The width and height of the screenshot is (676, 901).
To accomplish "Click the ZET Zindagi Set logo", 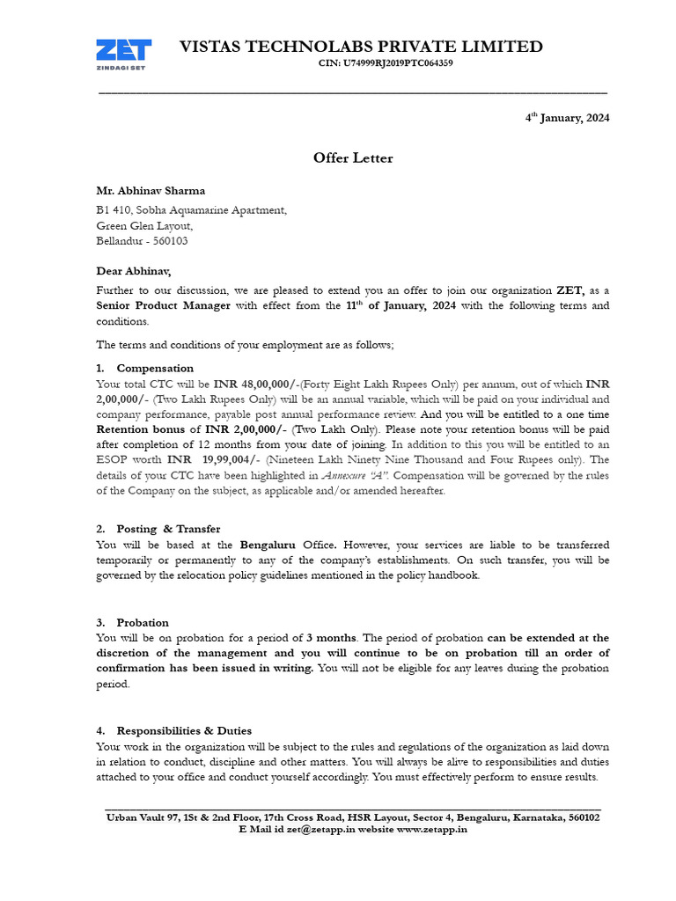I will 124,55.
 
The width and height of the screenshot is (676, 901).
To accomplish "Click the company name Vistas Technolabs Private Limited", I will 361,47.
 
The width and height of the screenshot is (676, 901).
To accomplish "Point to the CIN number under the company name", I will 386,64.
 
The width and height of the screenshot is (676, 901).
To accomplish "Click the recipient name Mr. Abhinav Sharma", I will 151,190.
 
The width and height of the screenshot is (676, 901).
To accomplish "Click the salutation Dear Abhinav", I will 134,272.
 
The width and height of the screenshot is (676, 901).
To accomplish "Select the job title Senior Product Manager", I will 164,305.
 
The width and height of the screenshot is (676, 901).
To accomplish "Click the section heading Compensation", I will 155,368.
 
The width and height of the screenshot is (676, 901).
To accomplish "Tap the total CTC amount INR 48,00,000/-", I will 254,384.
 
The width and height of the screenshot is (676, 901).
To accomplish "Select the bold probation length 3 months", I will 332,637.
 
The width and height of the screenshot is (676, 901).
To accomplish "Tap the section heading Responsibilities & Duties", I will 184,730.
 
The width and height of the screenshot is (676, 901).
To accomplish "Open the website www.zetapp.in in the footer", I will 431,830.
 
